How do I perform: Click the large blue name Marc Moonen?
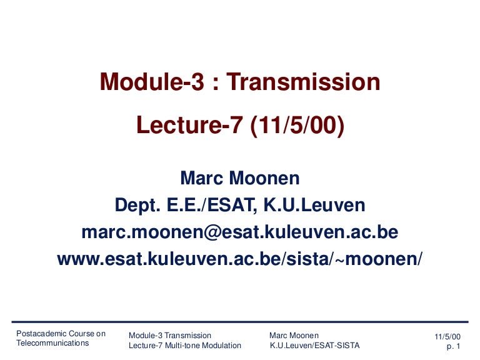(x=240, y=179)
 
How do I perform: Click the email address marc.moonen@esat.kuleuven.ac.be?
(x=240, y=232)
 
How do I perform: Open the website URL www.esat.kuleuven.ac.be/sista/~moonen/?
(x=240, y=259)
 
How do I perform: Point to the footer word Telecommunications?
(x=52, y=343)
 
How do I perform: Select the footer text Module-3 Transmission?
(x=169, y=336)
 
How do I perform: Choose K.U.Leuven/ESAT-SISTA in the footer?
(x=314, y=346)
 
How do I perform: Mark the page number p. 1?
(x=453, y=346)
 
